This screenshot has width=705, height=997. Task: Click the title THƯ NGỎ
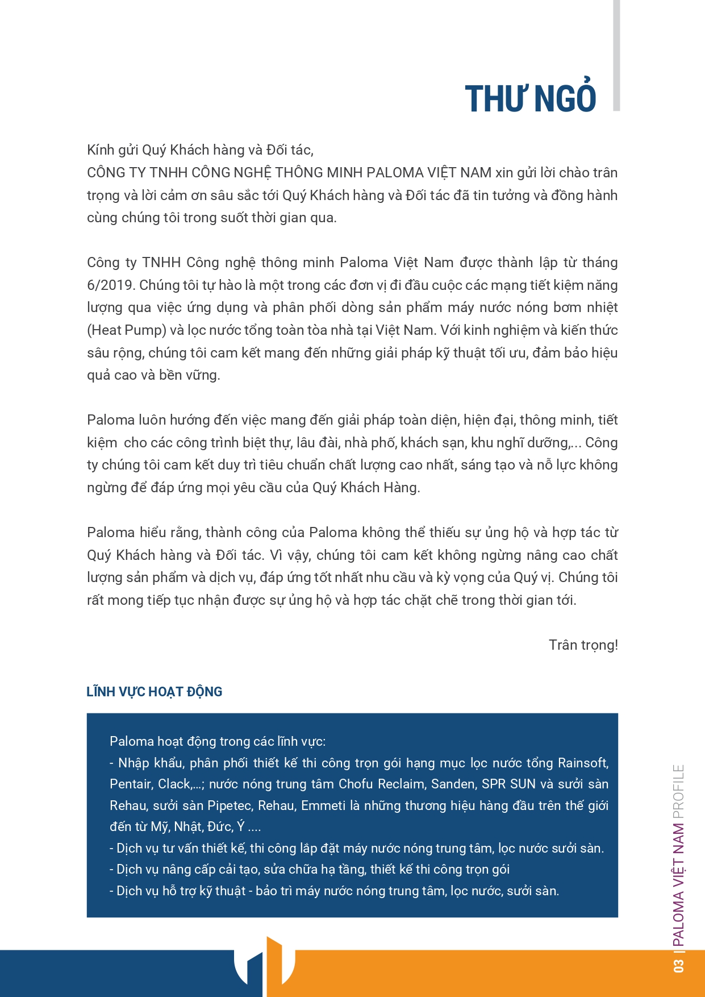[530, 99]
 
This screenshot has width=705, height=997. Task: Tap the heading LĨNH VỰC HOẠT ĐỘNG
[154, 692]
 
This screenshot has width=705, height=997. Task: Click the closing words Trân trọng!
[583, 645]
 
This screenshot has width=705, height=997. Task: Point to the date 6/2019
[111, 285]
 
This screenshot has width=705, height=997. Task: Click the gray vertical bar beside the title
[616, 55]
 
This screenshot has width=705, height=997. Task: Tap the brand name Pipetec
[230, 806]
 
